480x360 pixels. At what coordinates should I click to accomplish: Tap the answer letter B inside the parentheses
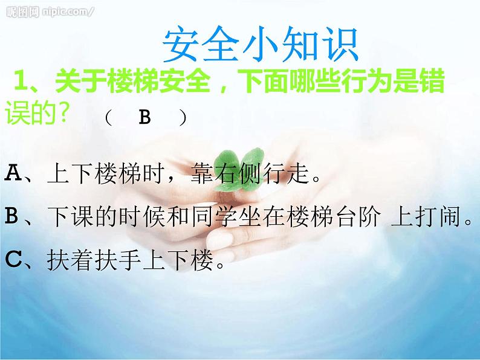click(144, 117)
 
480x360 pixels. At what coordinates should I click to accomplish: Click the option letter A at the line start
click(13, 175)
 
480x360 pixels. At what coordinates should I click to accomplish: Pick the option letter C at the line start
click(13, 259)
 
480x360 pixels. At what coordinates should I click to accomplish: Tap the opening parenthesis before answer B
click(108, 117)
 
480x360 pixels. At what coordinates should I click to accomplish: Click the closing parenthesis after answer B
click(182, 117)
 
